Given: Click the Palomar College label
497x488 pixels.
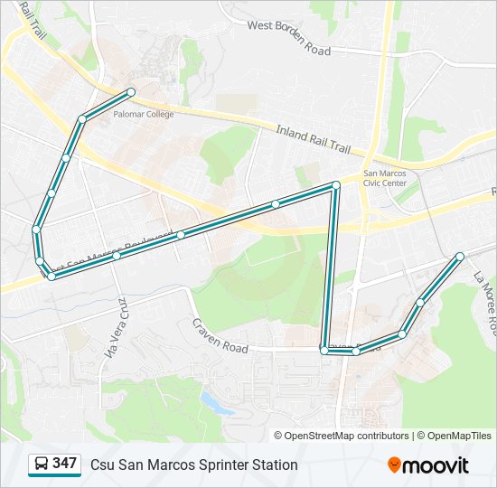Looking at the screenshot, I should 137,115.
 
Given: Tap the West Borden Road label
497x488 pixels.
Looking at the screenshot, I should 289,37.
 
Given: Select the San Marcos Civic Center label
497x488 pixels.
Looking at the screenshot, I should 385,177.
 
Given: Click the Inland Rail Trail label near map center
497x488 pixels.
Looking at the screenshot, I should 313,137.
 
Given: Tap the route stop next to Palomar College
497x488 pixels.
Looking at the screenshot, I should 131,92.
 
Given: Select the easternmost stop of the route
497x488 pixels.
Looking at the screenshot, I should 460,256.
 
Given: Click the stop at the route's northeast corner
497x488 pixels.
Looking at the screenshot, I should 335,185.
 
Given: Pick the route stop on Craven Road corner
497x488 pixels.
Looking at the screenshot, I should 324,350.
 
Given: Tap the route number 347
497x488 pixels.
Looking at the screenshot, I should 64,464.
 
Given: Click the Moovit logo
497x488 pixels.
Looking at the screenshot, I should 428,465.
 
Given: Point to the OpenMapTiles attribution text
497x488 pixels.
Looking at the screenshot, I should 455,436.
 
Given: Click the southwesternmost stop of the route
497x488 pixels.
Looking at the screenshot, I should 52,277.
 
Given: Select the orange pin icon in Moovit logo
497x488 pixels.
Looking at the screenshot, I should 394,465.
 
